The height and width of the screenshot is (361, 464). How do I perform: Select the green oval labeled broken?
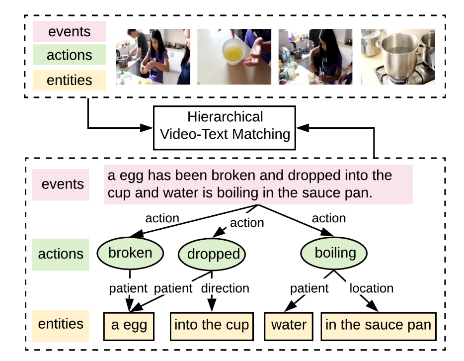130,253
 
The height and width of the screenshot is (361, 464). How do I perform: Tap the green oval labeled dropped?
213,254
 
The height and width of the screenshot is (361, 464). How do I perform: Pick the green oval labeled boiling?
335,253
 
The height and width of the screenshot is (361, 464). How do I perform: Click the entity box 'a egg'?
129,325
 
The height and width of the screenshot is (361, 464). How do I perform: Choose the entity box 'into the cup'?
211,325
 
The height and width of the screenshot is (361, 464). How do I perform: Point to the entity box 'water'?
289,325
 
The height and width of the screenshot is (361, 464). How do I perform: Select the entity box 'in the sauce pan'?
378,325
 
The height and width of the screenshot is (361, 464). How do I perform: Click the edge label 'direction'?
225,288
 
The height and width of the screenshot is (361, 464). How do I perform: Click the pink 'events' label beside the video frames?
70,32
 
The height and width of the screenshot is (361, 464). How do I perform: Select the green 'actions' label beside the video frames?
70,55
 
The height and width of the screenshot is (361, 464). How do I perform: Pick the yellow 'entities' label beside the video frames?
70,80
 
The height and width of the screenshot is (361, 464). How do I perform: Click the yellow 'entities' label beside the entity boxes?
61,324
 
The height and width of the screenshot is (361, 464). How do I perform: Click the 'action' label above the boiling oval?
328,218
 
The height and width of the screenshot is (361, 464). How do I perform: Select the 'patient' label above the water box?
309,288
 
